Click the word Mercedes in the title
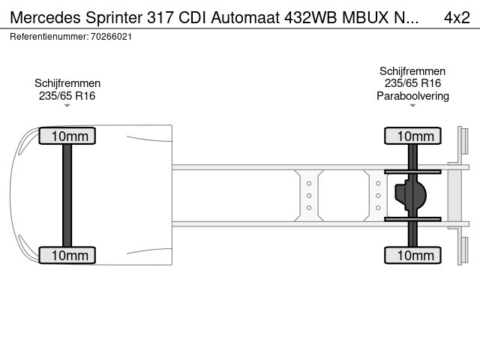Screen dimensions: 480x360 45,17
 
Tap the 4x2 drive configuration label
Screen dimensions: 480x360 457,17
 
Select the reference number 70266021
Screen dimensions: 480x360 112,37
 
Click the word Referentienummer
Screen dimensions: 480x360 49,37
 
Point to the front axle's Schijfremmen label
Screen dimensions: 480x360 67,83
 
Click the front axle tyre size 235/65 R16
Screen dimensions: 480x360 67,96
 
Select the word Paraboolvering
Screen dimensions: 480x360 412,96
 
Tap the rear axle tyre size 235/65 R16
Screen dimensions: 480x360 412,83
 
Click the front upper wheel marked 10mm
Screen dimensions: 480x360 67,136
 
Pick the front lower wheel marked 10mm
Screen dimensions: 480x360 67,255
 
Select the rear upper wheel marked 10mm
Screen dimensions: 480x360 412,136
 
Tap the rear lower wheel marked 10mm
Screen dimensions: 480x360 412,255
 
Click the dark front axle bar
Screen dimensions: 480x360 67,196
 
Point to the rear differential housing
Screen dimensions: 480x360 410,195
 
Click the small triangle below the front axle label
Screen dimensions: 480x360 67,106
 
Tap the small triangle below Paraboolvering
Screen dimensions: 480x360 412,106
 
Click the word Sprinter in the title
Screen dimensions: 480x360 114,18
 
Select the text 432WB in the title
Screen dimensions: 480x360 310,17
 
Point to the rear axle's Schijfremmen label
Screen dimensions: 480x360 412,71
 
